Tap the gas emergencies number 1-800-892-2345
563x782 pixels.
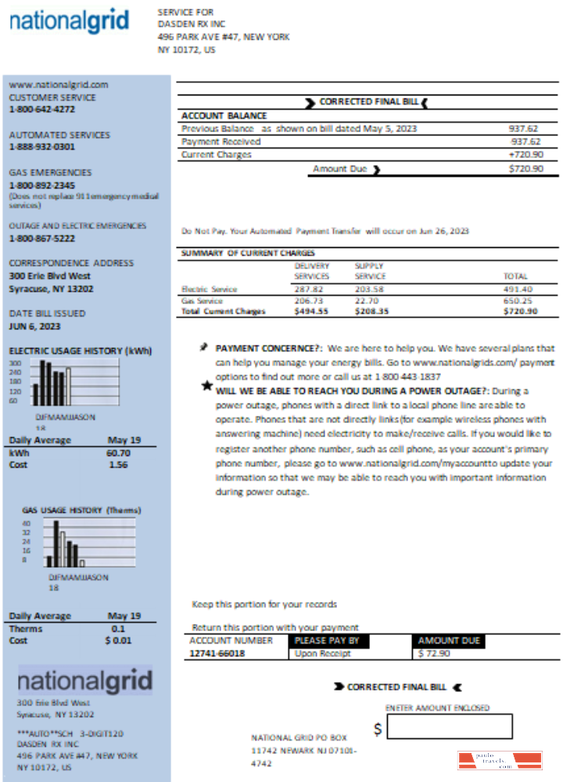[42, 185]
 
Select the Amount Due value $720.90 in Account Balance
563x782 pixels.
[525, 169]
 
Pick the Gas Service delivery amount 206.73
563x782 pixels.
[310, 300]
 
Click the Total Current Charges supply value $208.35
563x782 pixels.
[371, 310]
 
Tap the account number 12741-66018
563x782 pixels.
[217, 654]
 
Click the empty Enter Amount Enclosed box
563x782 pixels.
[450, 726]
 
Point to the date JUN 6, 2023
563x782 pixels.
[34, 326]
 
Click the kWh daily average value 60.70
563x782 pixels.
[118, 453]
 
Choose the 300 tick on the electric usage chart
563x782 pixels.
[14, 364]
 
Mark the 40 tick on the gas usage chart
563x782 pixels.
[26, 523]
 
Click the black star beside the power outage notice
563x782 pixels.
[206, 385]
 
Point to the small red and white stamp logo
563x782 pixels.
[499, 760]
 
